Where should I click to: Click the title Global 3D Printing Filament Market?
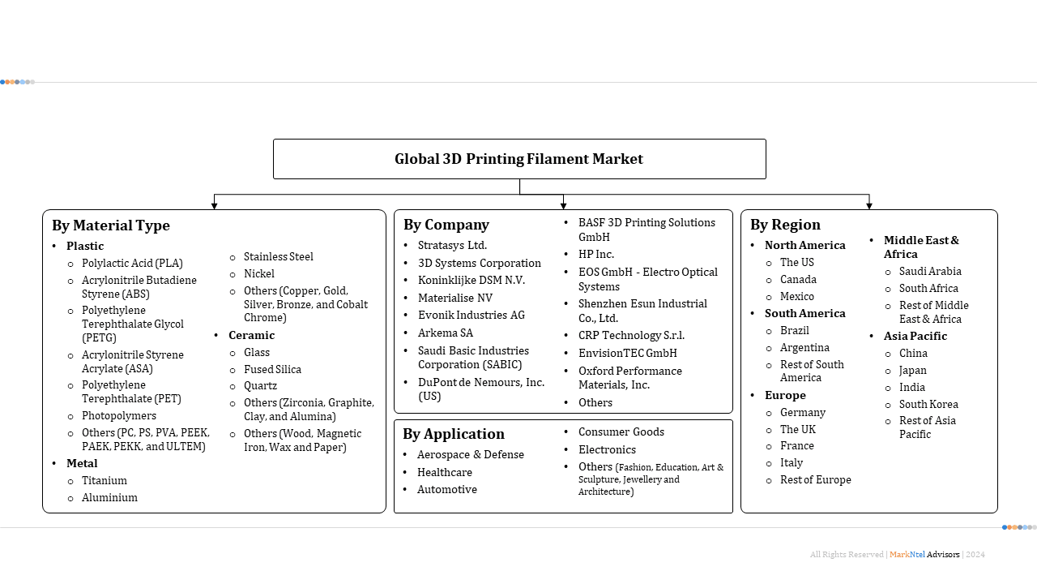(x=518, y=159)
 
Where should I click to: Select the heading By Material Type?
(x=111, y=225)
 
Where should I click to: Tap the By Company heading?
(x=446, y=225)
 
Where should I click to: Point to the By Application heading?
(x=454, y=434)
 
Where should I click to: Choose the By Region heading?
(x=785, y=225)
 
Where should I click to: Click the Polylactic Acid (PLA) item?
(x=132, y=263)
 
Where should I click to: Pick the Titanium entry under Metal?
(x=105, y=480)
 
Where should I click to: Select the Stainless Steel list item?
(x=278, y=256)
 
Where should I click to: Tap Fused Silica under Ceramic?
(x=272, y=369)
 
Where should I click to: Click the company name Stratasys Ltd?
(x=452, y=245)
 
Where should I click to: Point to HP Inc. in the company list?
(x=596, y=254)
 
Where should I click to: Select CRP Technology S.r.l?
(x=631, y=335)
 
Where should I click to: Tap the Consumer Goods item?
(x=621, y=432)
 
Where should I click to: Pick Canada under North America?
(x=798, y=279)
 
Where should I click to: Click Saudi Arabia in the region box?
(x=930, y=271)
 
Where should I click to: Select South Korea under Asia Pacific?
(x=928, y=404)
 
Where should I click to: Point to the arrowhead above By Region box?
(x=869, y=206)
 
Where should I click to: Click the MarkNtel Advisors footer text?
(x=924, y=555)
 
